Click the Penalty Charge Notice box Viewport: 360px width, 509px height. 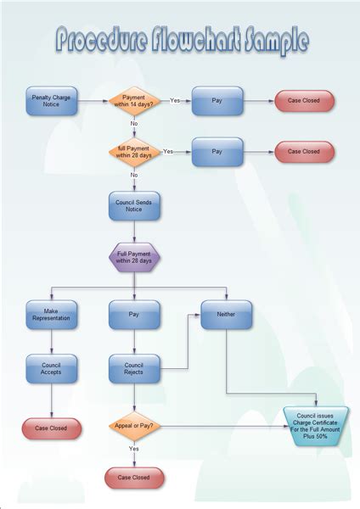coord(52,102)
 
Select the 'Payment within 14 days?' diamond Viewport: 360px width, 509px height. coord(134,102)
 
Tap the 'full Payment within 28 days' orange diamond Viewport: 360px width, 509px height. coord(134,152)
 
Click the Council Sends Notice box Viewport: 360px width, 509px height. coord(134,206)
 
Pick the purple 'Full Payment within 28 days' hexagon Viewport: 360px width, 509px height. coord(134,258)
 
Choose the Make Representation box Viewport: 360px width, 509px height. coord(52,315)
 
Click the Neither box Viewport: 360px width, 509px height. coord(226,315)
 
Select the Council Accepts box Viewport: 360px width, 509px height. coord(52,368)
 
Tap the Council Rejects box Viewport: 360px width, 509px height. coord(134,368)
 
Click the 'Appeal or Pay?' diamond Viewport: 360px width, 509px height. coord(134,426)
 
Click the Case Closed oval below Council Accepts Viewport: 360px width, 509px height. coord(52,428)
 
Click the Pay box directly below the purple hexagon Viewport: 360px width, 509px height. coord(134,315)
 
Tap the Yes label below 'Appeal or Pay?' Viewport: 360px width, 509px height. coord(134,448)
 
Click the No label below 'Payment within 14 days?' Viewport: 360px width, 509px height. coord(134,124)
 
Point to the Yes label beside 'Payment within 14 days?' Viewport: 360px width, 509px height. coord(175,100)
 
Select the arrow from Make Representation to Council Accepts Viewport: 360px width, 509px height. coord(52,341)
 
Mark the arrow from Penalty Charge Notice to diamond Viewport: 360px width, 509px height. coord(92,102)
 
